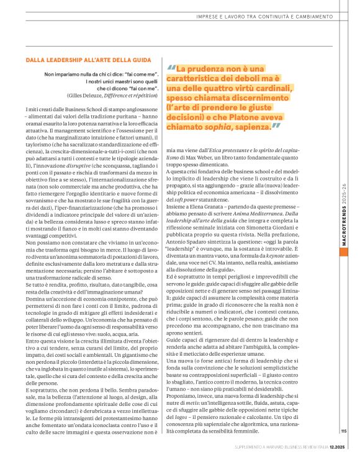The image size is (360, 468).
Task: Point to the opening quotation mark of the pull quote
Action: click(171, 68)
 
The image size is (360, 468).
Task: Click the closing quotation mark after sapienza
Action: click(276, 127)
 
